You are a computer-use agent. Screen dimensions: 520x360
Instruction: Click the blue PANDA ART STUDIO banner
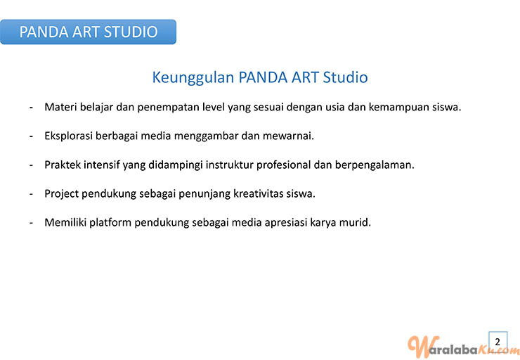tap(88, 32)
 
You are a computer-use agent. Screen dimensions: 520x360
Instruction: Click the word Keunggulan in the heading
tap(193, 78)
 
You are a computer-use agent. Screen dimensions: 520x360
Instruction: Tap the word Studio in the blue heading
tap(345, 77)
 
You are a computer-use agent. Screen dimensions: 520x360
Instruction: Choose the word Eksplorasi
tap(68, 136)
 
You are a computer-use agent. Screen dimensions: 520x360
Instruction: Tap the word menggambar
tap(206, 136)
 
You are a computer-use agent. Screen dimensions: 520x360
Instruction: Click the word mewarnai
tap(288, 136)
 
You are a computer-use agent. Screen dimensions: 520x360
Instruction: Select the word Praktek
tap(63, 165)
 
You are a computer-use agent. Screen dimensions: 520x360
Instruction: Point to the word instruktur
tap(230, 165)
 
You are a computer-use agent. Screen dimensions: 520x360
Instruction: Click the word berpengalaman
tap(375, 165)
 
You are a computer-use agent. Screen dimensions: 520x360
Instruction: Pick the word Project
tap(61, 194)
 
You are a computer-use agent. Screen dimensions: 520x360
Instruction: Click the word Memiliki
tap(65, 222)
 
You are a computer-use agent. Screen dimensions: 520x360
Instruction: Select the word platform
tap(110, 223)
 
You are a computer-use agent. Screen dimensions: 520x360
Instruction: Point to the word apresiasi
tap(286, 223)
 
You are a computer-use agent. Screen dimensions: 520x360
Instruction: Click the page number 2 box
tap(498, 342)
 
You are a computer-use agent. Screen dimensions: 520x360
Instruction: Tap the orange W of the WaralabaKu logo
tap(419, 347)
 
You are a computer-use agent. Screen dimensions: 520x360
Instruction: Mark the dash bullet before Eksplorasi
tap(31, 136)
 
